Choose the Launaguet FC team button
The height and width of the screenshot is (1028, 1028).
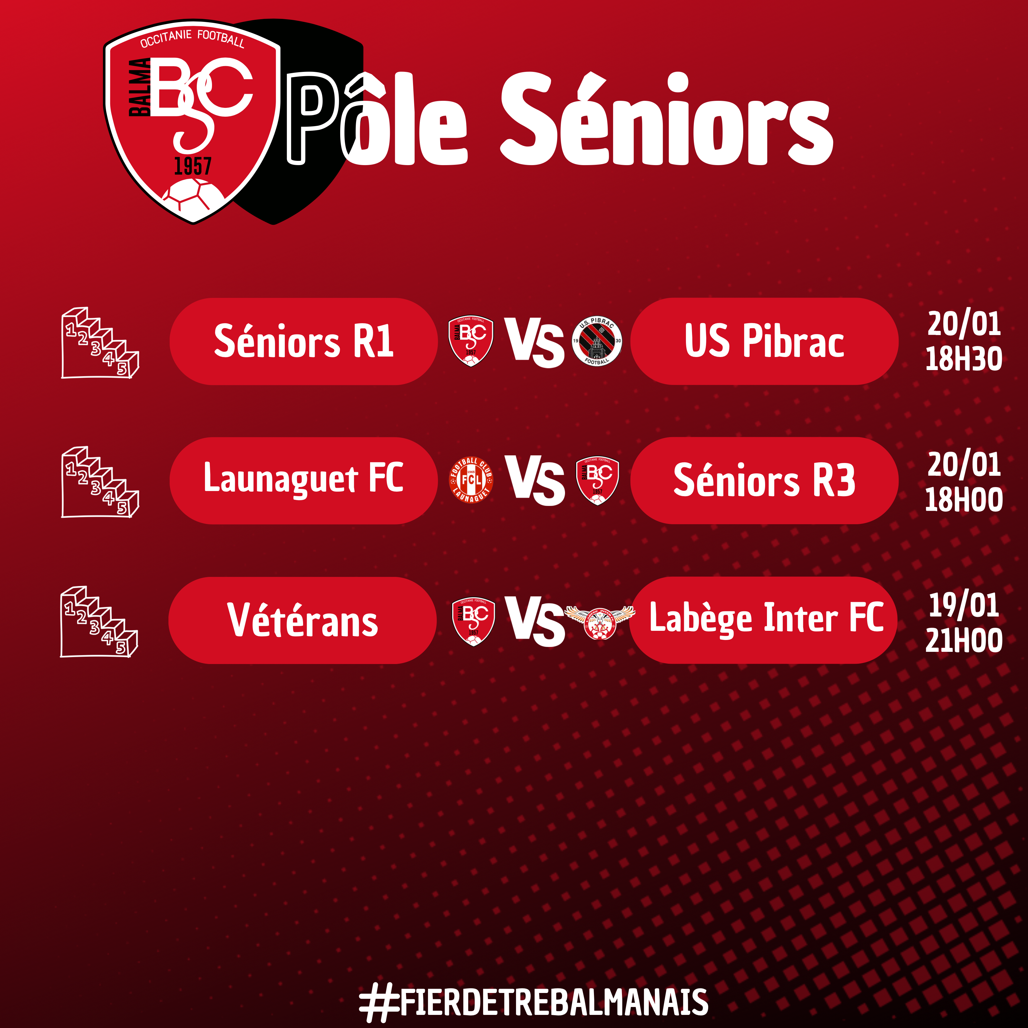click(303, 480)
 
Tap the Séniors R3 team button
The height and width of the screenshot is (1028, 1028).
click(764, 480)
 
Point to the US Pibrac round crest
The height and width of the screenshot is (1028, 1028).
click(597, 341)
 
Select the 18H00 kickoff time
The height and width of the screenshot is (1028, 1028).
click(964, 500)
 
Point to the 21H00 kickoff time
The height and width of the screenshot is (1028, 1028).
click(964, 640)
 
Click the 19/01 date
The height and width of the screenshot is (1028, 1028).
click(964, 605)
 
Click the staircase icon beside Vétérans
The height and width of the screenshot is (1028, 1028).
click(99, 621)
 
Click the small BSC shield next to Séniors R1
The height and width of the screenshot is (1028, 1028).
click(470, 341)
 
